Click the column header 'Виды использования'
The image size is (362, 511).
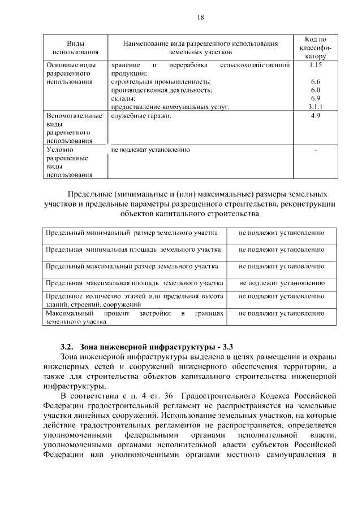[72, 47]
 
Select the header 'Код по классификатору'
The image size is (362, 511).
[315, 48]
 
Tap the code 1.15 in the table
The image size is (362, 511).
[315, 65]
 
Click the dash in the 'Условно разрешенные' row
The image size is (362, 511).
[315, 150]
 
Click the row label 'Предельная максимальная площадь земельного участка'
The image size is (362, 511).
[134, 282]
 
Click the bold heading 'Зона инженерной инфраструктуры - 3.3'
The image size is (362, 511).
[157, 347]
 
